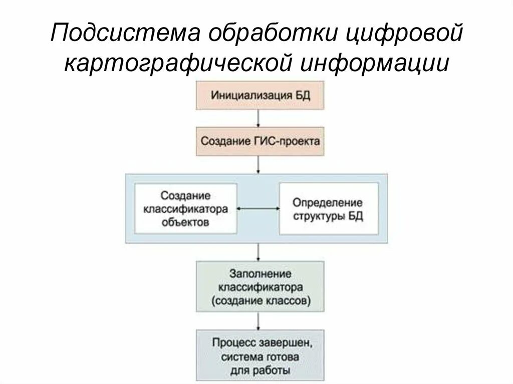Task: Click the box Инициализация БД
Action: tap(260, 96)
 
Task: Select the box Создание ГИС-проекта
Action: tap(260, 141)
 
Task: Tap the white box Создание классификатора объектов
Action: tap(186, 208)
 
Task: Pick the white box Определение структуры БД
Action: tap(328, 209)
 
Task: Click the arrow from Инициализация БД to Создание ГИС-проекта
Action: tap(258, 118)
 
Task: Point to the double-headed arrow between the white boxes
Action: tap(258, 208)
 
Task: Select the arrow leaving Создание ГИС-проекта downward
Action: tap(258, 164)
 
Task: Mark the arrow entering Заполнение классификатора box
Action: tap(258, 252)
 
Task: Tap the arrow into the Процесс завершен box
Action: tap(258, 321)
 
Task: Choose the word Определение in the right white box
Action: tap(328, 203)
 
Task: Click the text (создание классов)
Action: tap(260, 301)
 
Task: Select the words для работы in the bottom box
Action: tap(260, 371)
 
